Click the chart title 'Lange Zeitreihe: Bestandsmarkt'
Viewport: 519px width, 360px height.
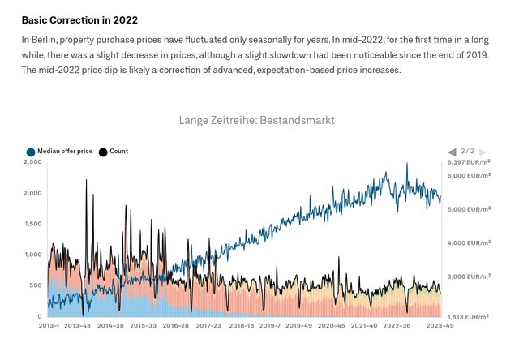[256, 120]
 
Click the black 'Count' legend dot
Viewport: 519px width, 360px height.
[103, 152]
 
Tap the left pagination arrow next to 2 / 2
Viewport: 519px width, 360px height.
[452, 152]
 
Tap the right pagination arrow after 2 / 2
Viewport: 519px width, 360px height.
[483, 152]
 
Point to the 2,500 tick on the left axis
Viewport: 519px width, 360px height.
[32, 162]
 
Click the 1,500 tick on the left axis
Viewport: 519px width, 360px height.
[32, 224]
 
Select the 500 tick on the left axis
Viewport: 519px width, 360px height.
[35, 285]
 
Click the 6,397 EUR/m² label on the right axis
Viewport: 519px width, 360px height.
[470, 162]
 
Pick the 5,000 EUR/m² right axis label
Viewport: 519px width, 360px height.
[470, 209]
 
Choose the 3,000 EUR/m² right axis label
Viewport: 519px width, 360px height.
[470, 276]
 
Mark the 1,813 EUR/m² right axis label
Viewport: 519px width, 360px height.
[470, 316]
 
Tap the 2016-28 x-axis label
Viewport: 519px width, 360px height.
[176, 325]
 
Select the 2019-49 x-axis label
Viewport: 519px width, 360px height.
[298, 325]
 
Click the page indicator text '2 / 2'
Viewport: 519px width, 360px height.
[468, 152]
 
